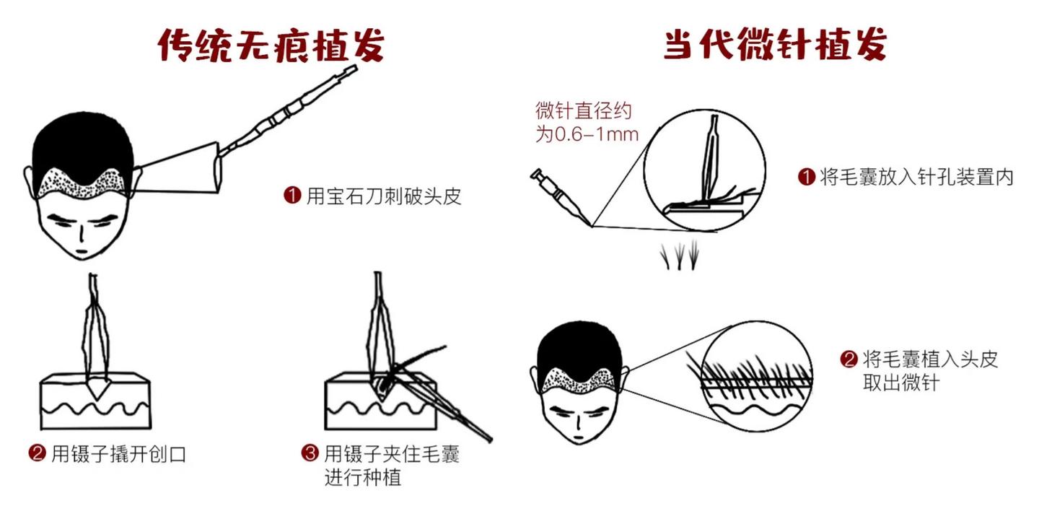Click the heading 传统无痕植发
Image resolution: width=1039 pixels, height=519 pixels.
[271, 45]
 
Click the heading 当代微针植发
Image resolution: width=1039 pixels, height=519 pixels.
[775, 44]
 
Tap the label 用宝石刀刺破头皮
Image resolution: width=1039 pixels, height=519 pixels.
[384, 196]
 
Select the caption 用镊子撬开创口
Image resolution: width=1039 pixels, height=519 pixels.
[119, 454]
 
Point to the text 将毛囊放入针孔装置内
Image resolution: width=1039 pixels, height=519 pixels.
[916, 178]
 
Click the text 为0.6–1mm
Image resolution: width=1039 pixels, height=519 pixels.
[587, 134]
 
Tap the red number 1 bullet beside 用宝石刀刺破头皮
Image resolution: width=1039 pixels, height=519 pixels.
[293, 196]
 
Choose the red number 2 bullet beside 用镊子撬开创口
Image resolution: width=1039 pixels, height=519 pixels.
[37, 453]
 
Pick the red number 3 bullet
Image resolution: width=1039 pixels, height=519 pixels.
[310, 453]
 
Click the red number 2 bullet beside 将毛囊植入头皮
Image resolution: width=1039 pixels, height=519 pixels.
[849, 359]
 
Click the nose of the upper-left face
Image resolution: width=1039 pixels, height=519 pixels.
[82, 235]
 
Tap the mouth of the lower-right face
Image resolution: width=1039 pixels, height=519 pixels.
[579, 437]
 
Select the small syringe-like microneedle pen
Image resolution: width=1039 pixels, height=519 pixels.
[560, 196]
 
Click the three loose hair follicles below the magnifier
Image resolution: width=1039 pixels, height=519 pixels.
[680, 255]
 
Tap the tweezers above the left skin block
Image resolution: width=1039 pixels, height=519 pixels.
[95, 332]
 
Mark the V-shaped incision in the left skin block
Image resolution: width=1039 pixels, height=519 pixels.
[97, 389]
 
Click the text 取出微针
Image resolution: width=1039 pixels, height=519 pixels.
[900, 383]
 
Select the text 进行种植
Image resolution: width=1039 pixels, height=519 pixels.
[363, 477]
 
